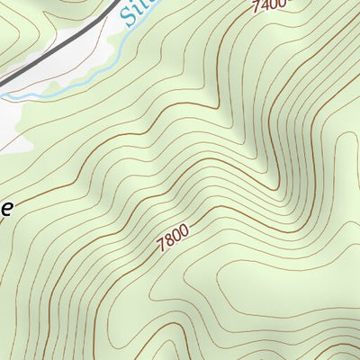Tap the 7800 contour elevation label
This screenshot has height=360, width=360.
(x=172, y=238)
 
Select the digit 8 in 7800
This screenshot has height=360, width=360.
(x=168, y=241)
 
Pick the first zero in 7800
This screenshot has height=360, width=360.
(x=175, y=236)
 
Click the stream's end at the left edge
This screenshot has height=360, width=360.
(x=2, y=94)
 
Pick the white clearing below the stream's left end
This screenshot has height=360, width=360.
(x=11, y=126)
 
